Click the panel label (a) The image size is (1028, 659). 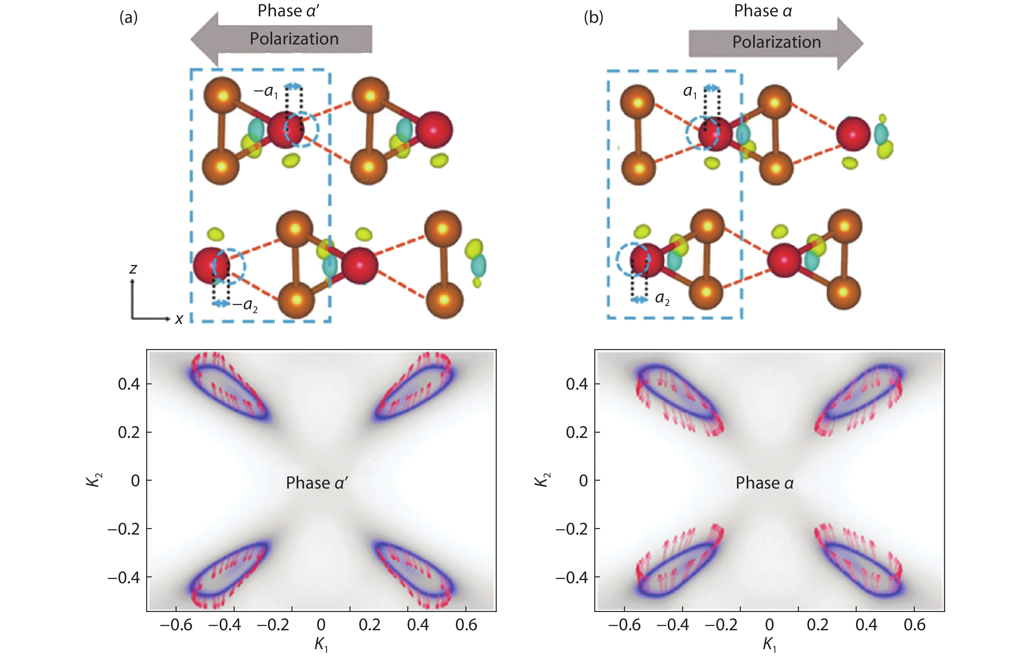[x=128, y=18]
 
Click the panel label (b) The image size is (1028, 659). [x=594, y=18]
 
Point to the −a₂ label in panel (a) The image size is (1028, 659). [x=245, y=306]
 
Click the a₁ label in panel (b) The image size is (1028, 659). [x=690, y=91]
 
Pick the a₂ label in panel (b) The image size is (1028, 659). [x=662, y=299]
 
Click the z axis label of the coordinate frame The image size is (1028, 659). [x=133, y=269]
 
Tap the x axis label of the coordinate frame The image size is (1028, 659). [x=179, y=319]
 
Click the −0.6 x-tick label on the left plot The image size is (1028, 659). [x=176, y=625]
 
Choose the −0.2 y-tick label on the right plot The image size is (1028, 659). [x=572, y=529]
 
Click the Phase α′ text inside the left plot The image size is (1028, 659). [x=317, y=483]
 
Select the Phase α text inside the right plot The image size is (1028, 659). [x=765, y=483]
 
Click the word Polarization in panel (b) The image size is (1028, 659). [x=777, y=42]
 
